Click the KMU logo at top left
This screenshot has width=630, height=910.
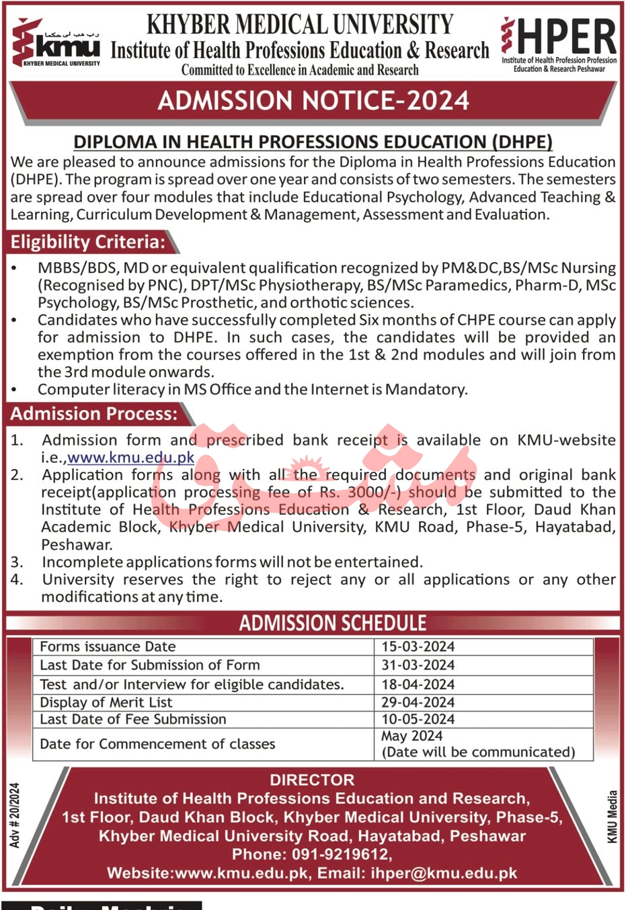pos(56,44)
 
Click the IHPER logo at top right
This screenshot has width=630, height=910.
pos(558,44)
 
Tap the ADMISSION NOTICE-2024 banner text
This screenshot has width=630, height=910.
pos(313,101)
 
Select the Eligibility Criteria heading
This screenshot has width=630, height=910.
pos(88,242)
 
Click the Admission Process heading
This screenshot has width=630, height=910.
pos(94,413)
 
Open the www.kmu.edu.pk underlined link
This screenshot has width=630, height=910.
pos(131,458)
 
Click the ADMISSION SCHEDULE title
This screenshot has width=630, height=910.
pos(333,623)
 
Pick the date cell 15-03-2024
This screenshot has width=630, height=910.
pos(418,647)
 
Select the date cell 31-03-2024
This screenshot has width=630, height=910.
pos(418,665)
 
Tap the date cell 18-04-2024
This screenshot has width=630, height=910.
pos(418,684)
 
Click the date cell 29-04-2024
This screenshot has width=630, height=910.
pos(418,702)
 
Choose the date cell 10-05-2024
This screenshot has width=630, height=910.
pos(418,719)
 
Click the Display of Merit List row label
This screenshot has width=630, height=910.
pos(106,702)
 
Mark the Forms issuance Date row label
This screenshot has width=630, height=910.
pos(108,647)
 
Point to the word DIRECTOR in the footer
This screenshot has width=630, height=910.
pos(312,780)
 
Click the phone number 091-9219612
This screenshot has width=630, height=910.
pos(340,854)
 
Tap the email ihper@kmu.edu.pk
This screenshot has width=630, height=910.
pos(444,873)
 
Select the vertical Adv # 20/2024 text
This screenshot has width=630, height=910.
pos(15,815)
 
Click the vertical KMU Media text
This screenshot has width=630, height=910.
pos(612,817)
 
